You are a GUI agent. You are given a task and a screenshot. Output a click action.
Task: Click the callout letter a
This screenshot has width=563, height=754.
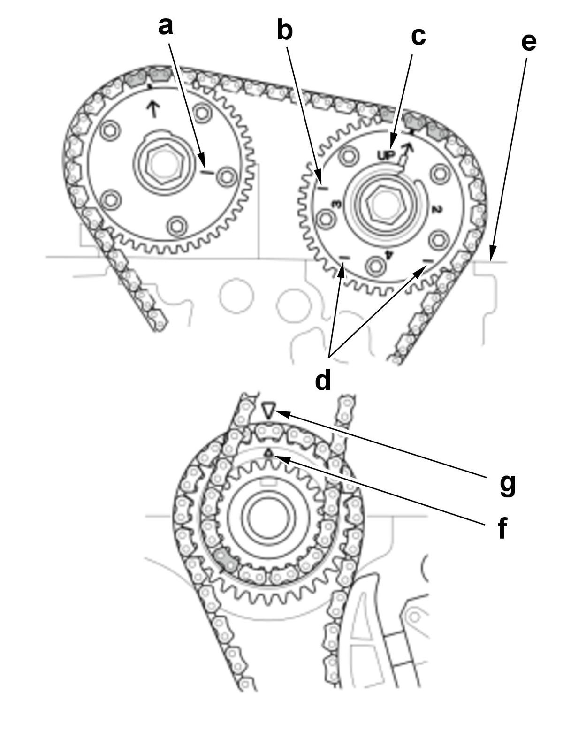pyautogui.click(x=165, y=26)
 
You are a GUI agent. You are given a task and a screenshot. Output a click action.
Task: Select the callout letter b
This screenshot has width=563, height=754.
pyautogui.click(x=285, y=30)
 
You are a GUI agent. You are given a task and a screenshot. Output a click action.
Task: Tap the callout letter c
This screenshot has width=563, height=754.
pyautogui.click(x=418, y=36)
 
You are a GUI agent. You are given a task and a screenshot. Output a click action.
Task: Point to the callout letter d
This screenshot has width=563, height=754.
pyautogui.click(x=323, y=380)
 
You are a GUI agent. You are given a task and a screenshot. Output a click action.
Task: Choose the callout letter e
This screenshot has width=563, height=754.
pyautogui.click(x=529, y=42)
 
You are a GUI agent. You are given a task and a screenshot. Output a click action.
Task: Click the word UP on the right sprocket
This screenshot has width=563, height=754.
pyautogui.click(x=388, y=153)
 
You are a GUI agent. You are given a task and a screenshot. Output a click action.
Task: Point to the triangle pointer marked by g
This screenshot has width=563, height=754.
pyautogui.click(x=268, y=410)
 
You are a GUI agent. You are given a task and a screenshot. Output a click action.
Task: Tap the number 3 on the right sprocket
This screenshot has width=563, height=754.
pyautogui.click(x=336, y=204)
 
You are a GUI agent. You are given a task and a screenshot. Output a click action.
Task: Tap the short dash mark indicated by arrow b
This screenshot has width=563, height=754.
pyautogui.click(x=322, y=189)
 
